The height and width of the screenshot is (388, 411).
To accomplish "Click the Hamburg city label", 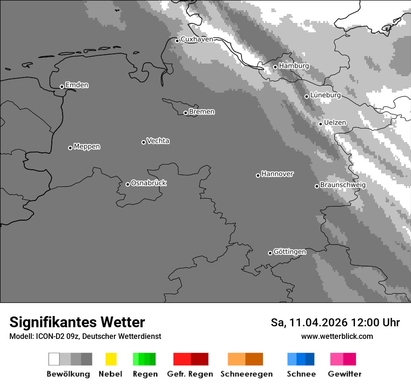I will pyautogui.click(x=294, y=66).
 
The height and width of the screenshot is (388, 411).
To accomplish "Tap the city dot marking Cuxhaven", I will pyautogui.click(x=177, y=41).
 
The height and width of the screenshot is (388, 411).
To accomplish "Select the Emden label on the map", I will pyautogui.click(x=77, y=85).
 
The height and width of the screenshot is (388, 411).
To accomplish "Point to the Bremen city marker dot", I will pyautogui.click(x=185, y=113).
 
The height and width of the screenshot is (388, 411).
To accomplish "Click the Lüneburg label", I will pyautogui.click(x=325, y=95).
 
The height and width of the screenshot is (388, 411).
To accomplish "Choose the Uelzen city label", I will pyautogui.click(x=335, y=122).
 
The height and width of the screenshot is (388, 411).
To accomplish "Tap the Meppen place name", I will pyautogui.click(x=87, y=146).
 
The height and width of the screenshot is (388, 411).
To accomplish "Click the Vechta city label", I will pyautogui.click(x=158, y=141).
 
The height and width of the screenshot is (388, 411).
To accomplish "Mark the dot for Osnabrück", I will pyautogui.click(x=128, y=184).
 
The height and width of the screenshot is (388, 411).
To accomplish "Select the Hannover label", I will pyautogui.click(x=277, y=174).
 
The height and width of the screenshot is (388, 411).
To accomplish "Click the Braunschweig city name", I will pyautogui.click(x=343, y=185).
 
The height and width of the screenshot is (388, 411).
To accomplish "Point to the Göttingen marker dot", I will pyautogui.click(x=270, y=253).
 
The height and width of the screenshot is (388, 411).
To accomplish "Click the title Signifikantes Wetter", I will pyautogui.click(x=77, y=322).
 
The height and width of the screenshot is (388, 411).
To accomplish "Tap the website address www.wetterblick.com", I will pyautogui.click(x=337, y=336).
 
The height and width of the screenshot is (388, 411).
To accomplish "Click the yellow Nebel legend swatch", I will pyautogui.click(x=111, y=359).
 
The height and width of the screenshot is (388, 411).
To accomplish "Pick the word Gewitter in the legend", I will pyautogui.click(x=344, y=374).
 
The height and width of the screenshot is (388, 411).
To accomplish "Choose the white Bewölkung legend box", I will pyautogui.click(x=54, y=359).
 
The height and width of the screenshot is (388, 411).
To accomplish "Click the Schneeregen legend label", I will pyautogui.click(x=246, y=374).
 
